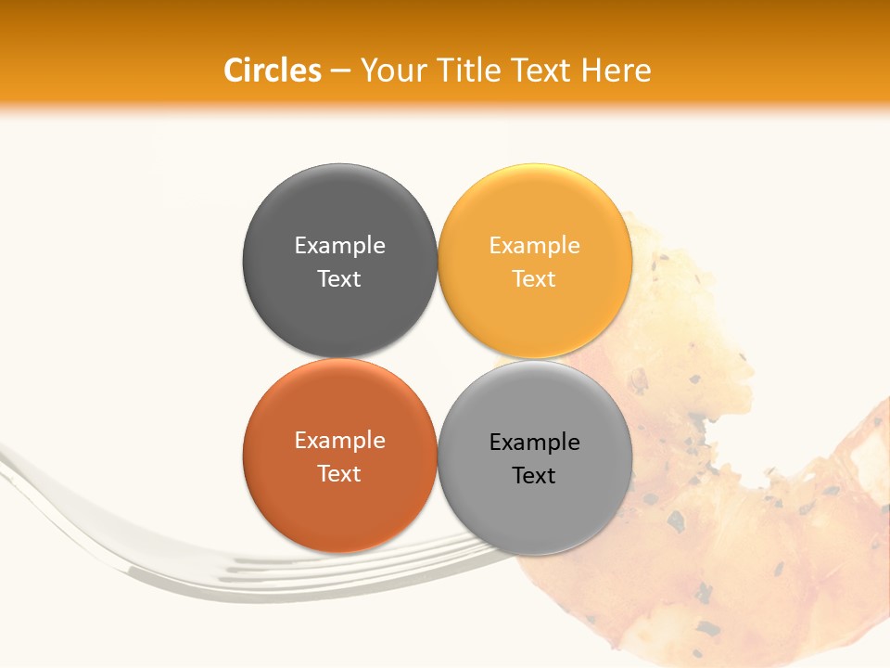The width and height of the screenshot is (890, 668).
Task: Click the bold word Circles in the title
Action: [272, 71]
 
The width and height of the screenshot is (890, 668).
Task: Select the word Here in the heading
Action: [617, 71]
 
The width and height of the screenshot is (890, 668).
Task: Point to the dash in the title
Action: [340, 71]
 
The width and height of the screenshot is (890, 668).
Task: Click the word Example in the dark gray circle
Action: [339, 245]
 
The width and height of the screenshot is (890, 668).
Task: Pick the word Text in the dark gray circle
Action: [339, 278]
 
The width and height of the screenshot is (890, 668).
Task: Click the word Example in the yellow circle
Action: [534, 245]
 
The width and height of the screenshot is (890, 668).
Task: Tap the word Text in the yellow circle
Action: [534, 278]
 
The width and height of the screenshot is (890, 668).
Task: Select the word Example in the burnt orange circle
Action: [339, 440]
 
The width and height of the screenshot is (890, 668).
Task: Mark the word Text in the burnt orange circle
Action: [339, 473]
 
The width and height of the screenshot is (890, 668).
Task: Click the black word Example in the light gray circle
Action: [534, 442]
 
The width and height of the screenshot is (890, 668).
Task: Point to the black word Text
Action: [534, 475]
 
